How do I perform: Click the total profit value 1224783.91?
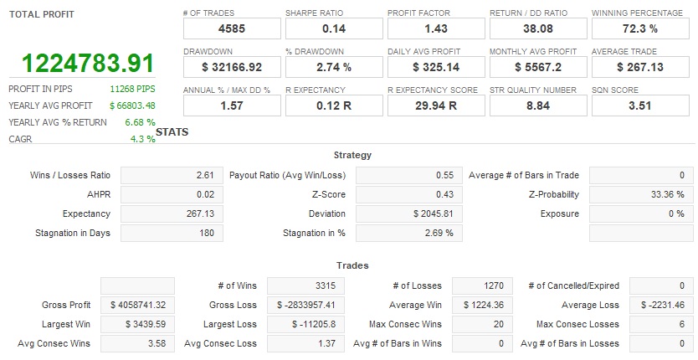tap(88, 64)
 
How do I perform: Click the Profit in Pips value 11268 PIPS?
tap(132, 89)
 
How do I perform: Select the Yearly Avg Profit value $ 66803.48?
tap(132, 105)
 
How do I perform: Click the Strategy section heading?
tap(352, 155)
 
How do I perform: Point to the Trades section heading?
tap(352, 265)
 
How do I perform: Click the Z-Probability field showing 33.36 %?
tap(641, 194)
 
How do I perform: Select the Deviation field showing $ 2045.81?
tap(407, 213)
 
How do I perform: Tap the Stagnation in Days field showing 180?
tap(172, 233)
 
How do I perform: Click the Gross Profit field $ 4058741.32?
tap(138, 305)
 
